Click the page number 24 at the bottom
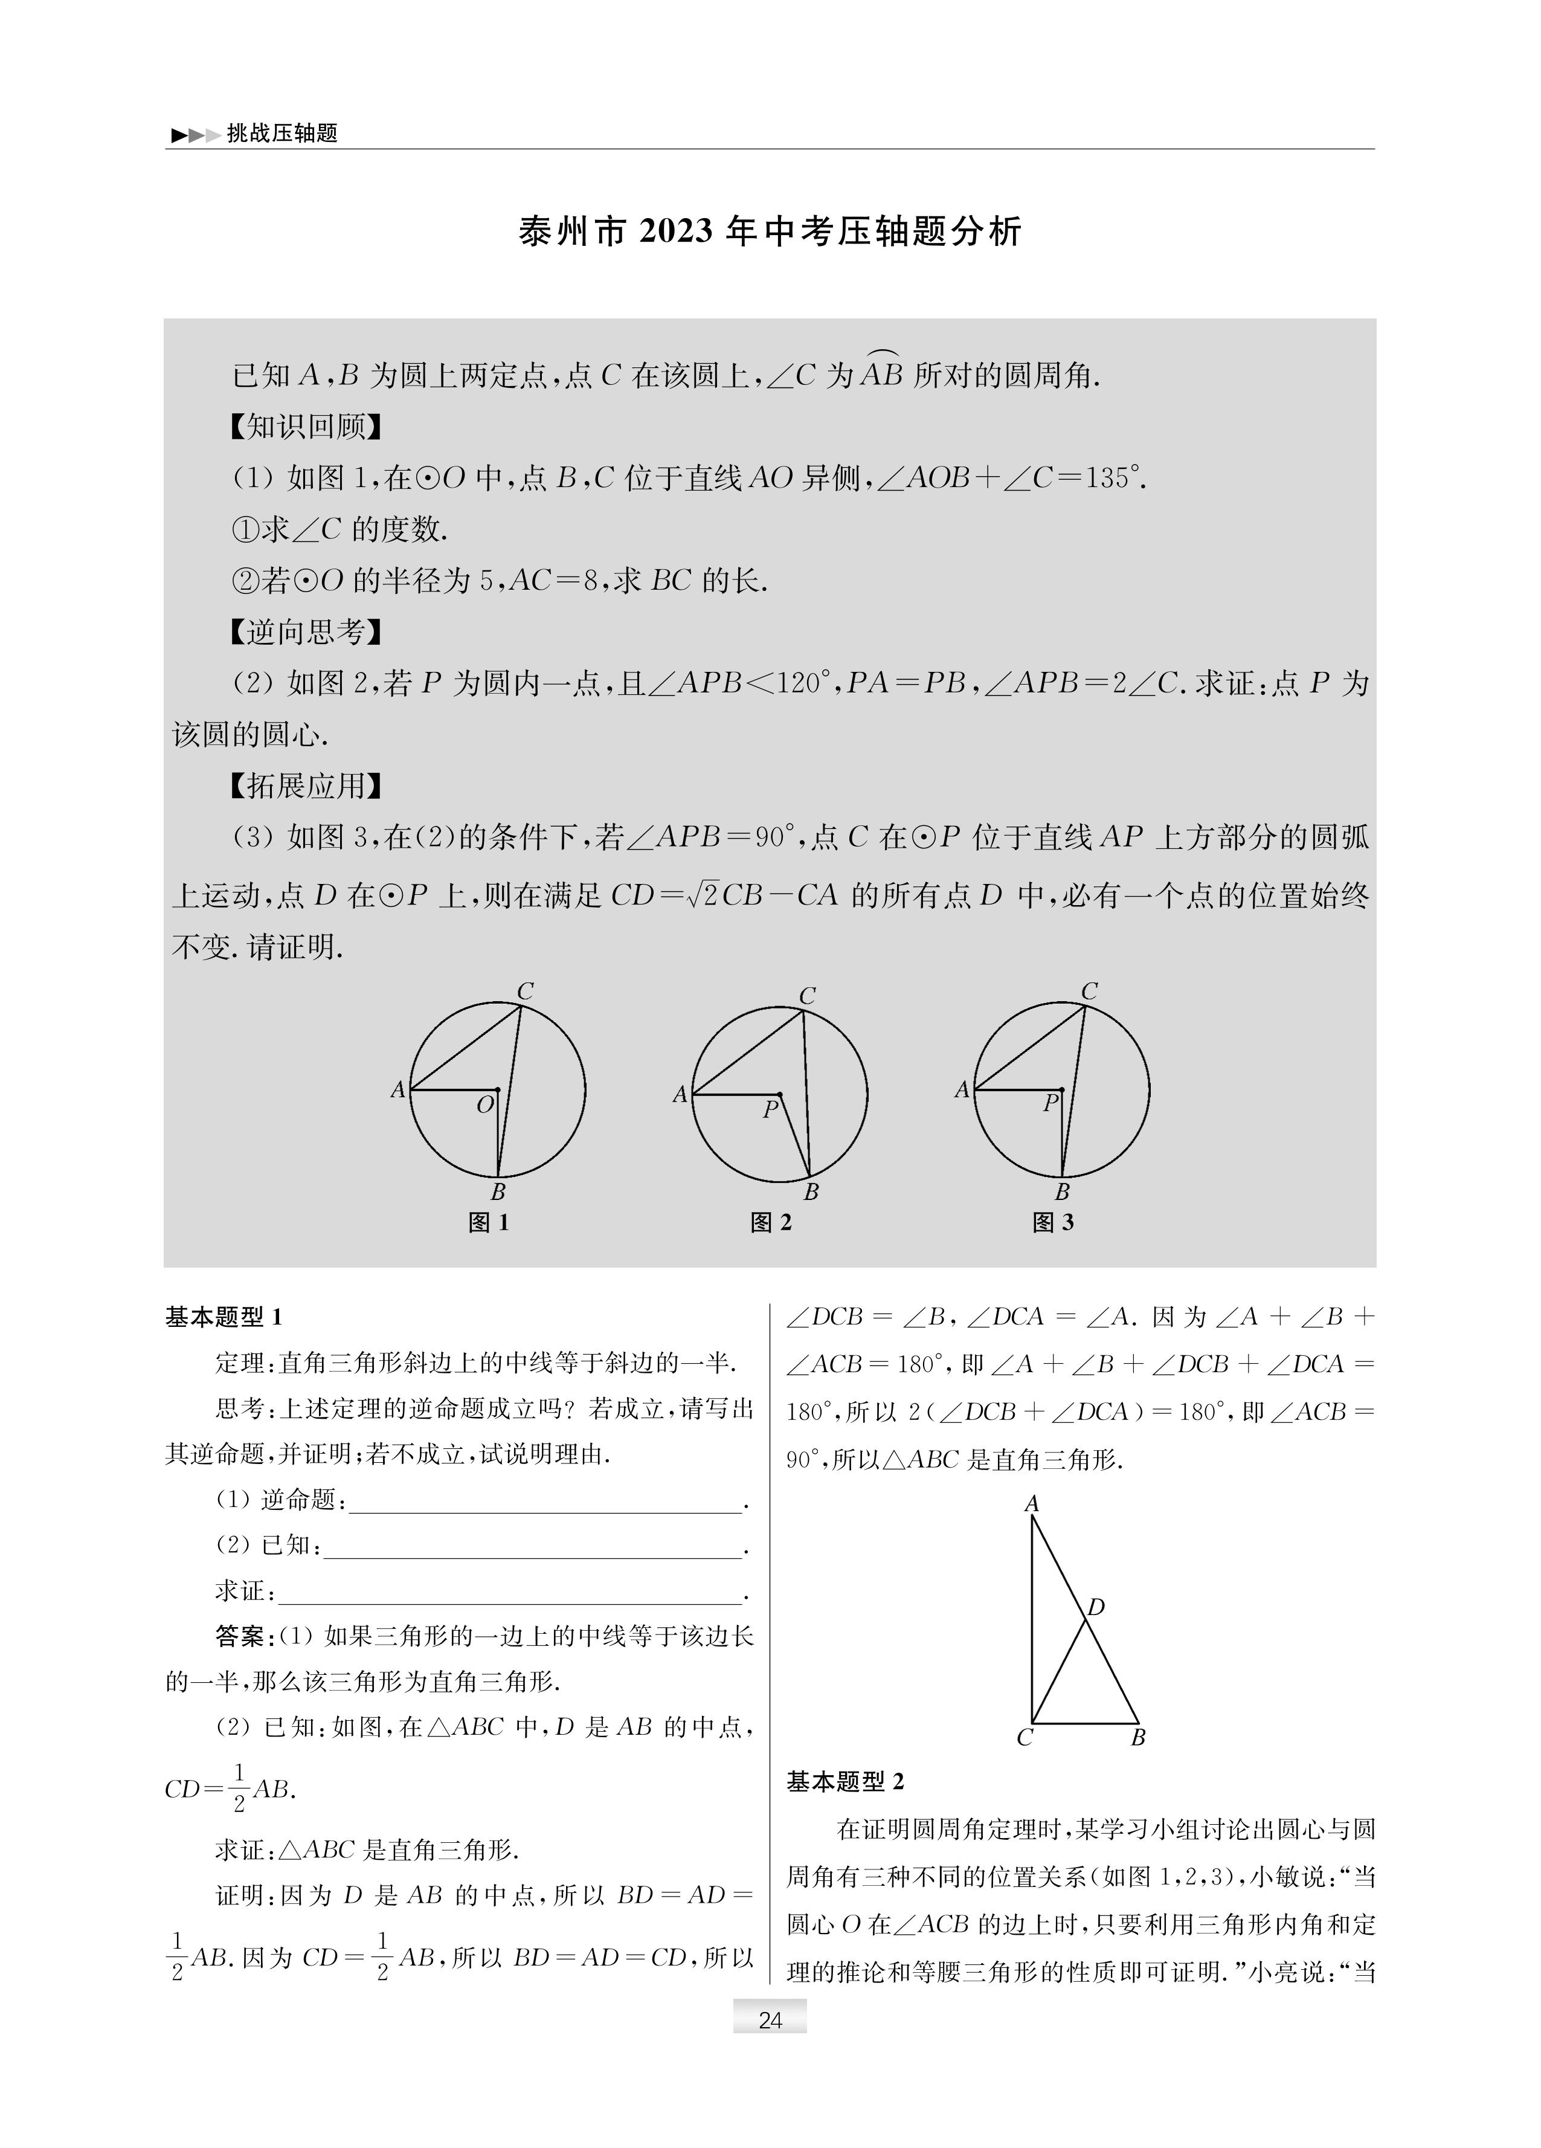coord(770,2019)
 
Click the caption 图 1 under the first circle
coord(489,1223)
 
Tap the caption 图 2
coord(771,1223)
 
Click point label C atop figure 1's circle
coord(526,992)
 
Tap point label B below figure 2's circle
coord(811,1192)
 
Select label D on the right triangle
coord(1096,1607)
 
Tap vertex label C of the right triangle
coord(1024,1738)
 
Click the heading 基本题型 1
coord(225,1317)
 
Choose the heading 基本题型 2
coord(846,1781)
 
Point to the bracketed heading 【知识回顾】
coord(306,427)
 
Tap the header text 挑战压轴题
coord(281,134)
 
